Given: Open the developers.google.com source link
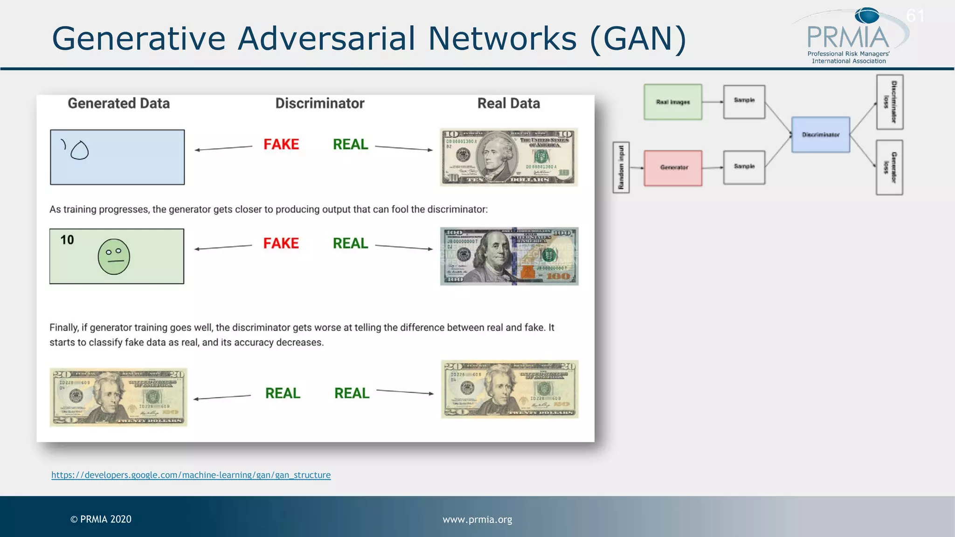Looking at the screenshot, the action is [191, 475].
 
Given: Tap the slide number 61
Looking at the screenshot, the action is [915, 16].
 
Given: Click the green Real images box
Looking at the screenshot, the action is [672, 102].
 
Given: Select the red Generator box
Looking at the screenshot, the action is [673, 168].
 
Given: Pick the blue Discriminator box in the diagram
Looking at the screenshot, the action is [821, 135].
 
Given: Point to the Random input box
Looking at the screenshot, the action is [621, 168].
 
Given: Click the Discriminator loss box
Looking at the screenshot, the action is [890, 102].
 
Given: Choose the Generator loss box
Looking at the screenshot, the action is [890, 167].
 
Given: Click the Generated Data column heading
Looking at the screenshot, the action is [118, 103].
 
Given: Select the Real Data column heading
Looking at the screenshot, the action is [508, 103].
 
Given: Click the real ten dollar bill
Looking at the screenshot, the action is [509, 157].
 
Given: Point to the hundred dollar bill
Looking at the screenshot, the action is [509, 256].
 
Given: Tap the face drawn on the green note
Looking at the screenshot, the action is [114, 257].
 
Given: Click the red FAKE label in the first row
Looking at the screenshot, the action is [281, 145].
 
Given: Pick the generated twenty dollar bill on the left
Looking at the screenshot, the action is [118, 397].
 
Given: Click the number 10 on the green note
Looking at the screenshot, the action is [67, 240].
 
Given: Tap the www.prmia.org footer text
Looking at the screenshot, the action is [477, 519].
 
